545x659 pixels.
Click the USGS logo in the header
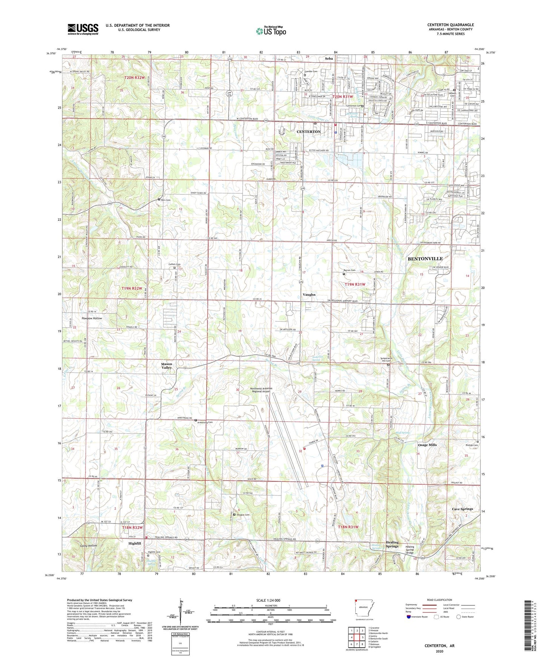point(83,29)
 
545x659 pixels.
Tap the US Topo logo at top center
point(271,31)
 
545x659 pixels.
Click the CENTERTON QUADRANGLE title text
point(450,25)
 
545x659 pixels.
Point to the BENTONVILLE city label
point(425,259)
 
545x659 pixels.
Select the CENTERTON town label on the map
point(309,132)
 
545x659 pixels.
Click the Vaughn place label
point(309,294)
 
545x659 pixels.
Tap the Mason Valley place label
point(167,366)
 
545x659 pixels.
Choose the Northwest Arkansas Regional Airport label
point(266,390)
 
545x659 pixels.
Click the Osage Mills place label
point(427,445)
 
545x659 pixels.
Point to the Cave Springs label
point(462,509)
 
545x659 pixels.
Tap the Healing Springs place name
point(392,544)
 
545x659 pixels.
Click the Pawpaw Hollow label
point(92,318)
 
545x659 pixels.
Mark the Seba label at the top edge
point(329,59)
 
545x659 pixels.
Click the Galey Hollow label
point(88,546)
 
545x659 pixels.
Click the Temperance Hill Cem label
point(388,360)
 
